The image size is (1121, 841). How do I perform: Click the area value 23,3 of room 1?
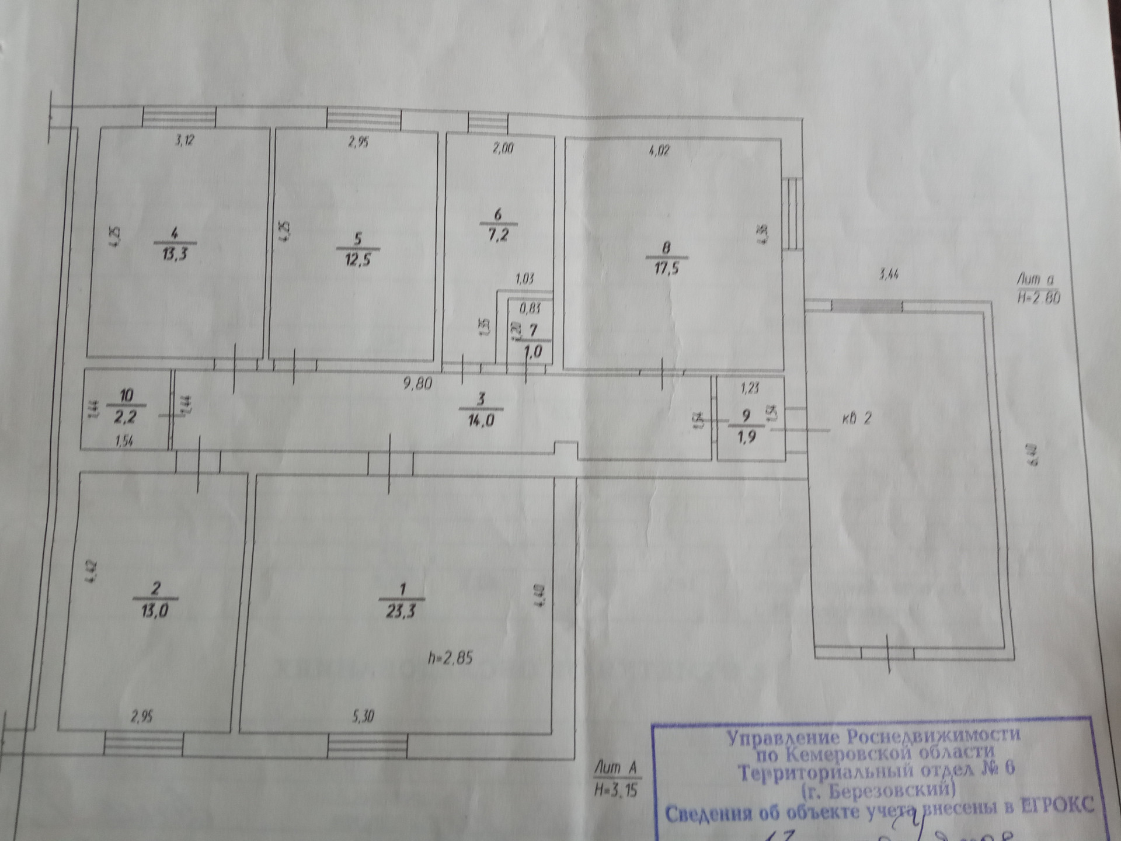point(401,611)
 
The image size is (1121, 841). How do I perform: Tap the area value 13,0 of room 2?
point(155,611)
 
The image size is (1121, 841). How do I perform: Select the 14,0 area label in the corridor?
point(481,419)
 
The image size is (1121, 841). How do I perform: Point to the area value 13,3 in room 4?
point(175,255)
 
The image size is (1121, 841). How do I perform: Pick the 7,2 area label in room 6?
point(497,235)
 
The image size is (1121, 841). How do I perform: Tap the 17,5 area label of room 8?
point(666,269)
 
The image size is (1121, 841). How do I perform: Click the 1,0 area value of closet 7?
point(533,352)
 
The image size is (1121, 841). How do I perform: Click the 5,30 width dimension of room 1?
point(363,716)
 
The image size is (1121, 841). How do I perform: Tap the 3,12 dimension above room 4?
point(185,141)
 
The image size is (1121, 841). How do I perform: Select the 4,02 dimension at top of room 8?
point(659,151)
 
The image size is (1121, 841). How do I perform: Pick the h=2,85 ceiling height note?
point(450,658)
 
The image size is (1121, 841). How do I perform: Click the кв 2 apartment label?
point(857,418)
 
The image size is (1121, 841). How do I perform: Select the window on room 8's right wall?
point(791,213)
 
